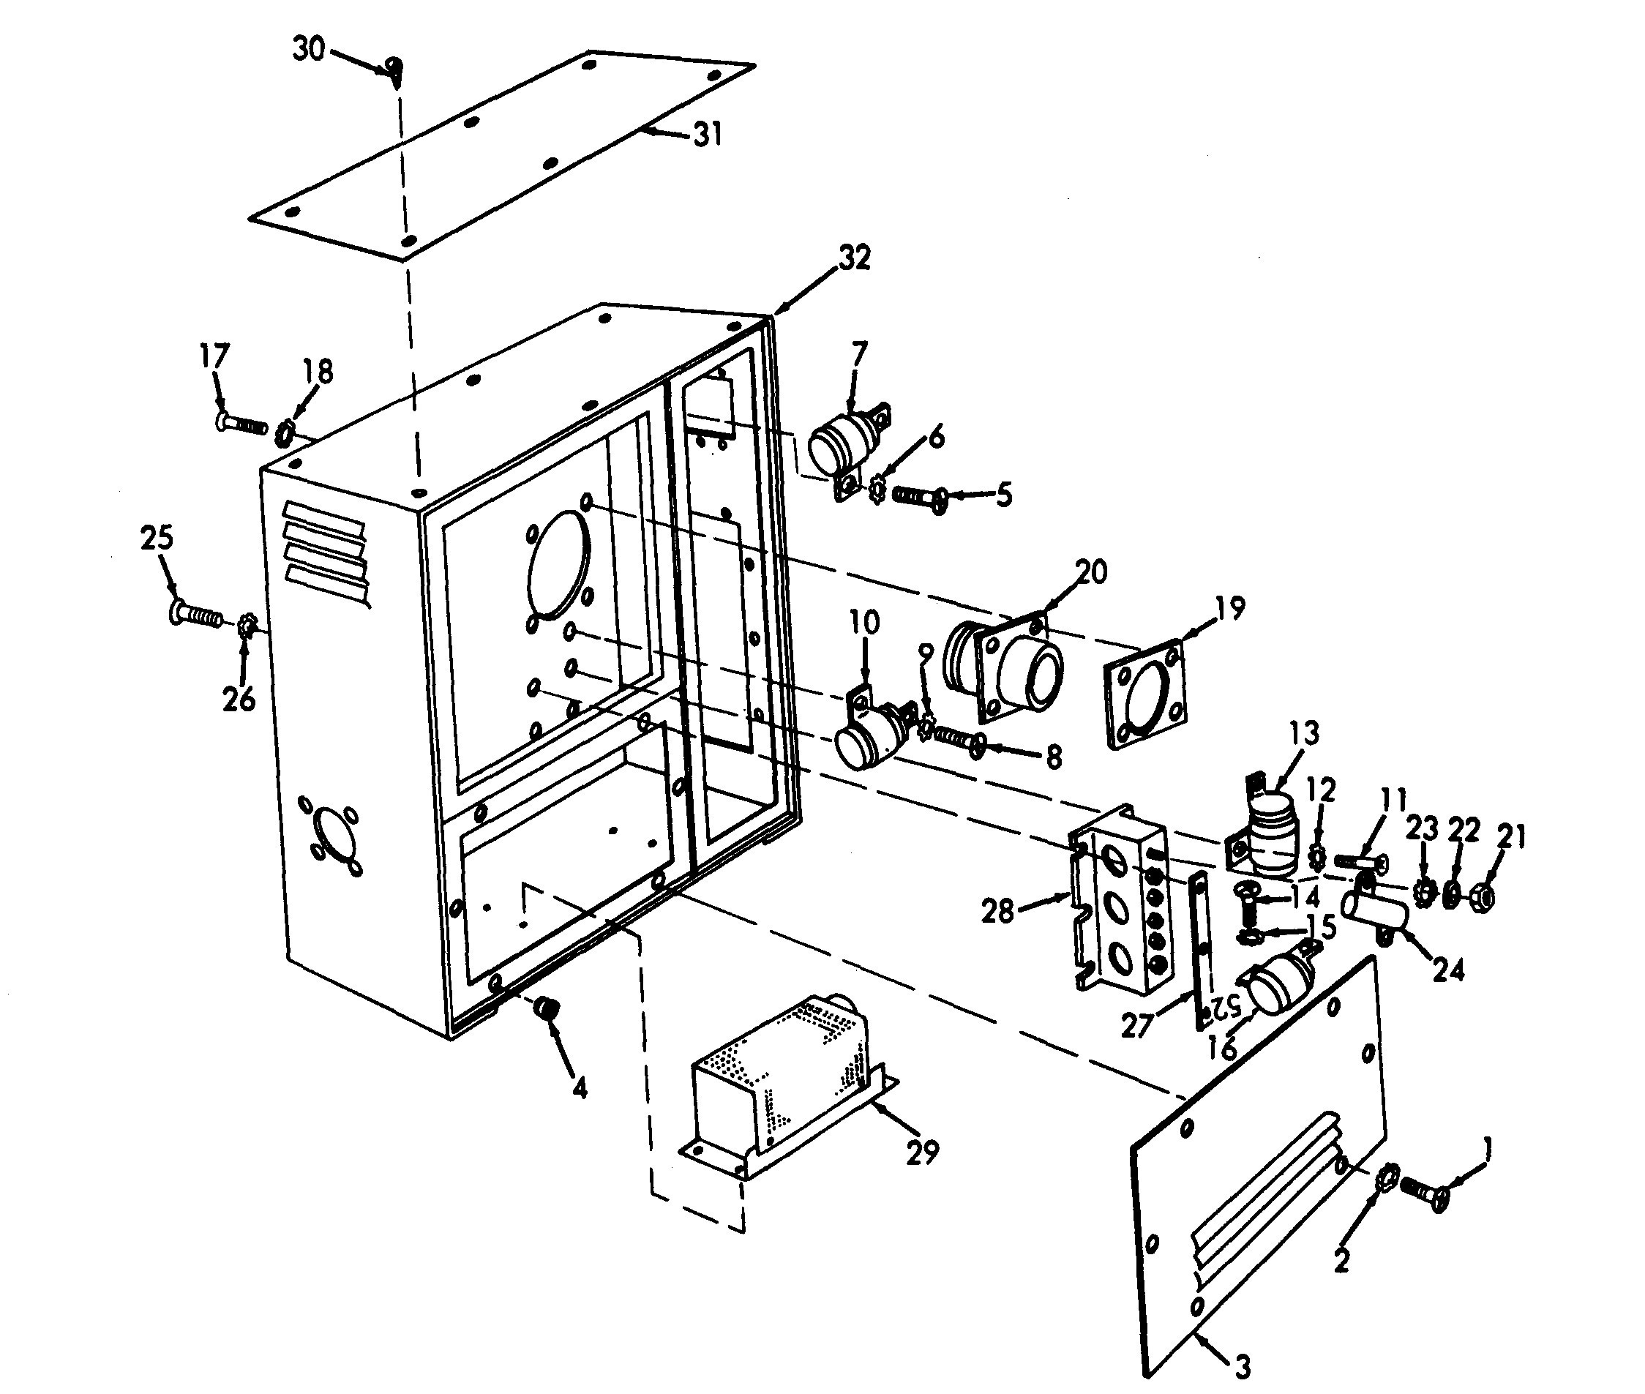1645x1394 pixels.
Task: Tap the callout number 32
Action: coord(854,258)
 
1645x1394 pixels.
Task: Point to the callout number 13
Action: coord(1304,732)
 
